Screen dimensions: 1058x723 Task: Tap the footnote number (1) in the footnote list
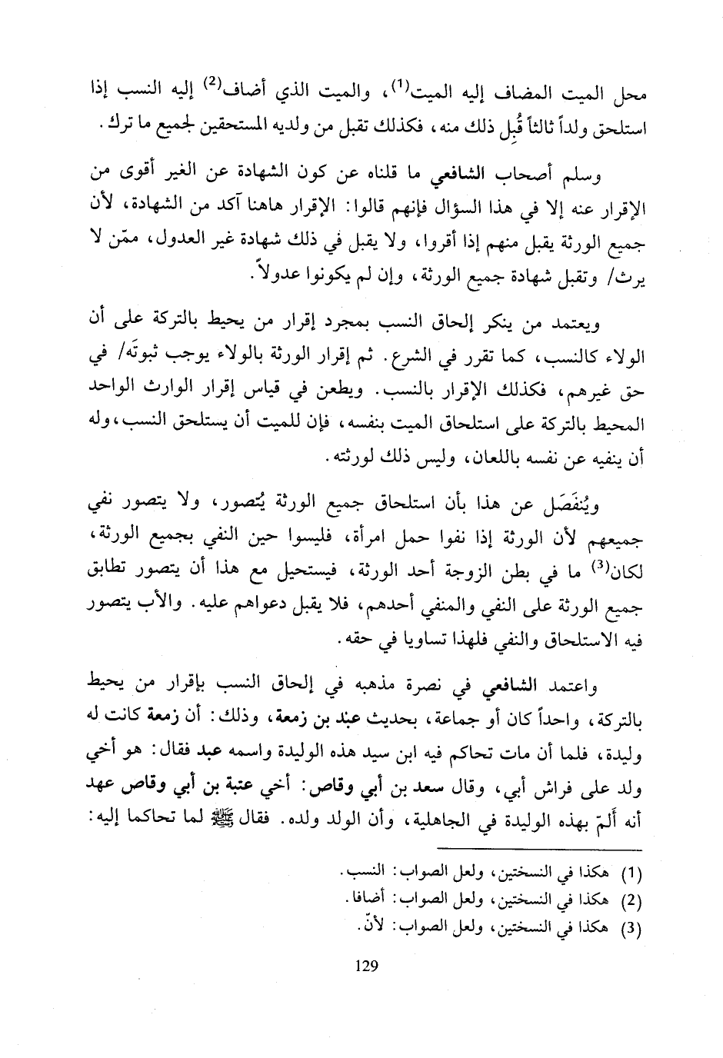(631, 874)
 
